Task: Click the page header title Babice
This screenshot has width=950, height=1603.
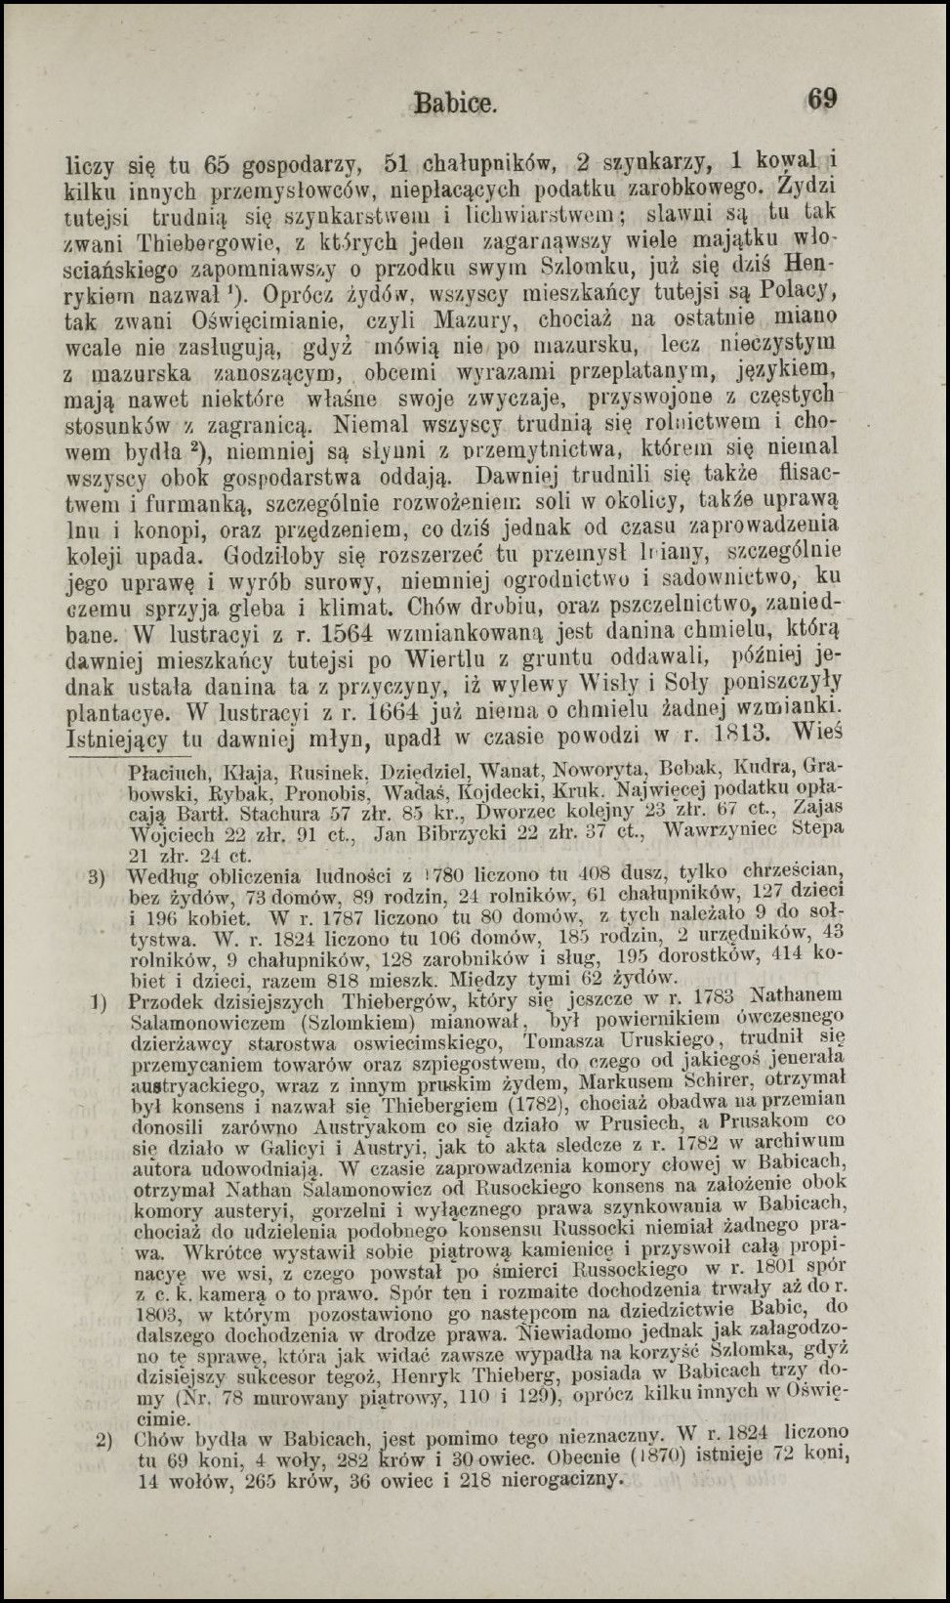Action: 456,102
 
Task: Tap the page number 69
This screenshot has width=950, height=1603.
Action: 821,99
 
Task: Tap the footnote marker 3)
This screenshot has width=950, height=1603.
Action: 97,876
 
